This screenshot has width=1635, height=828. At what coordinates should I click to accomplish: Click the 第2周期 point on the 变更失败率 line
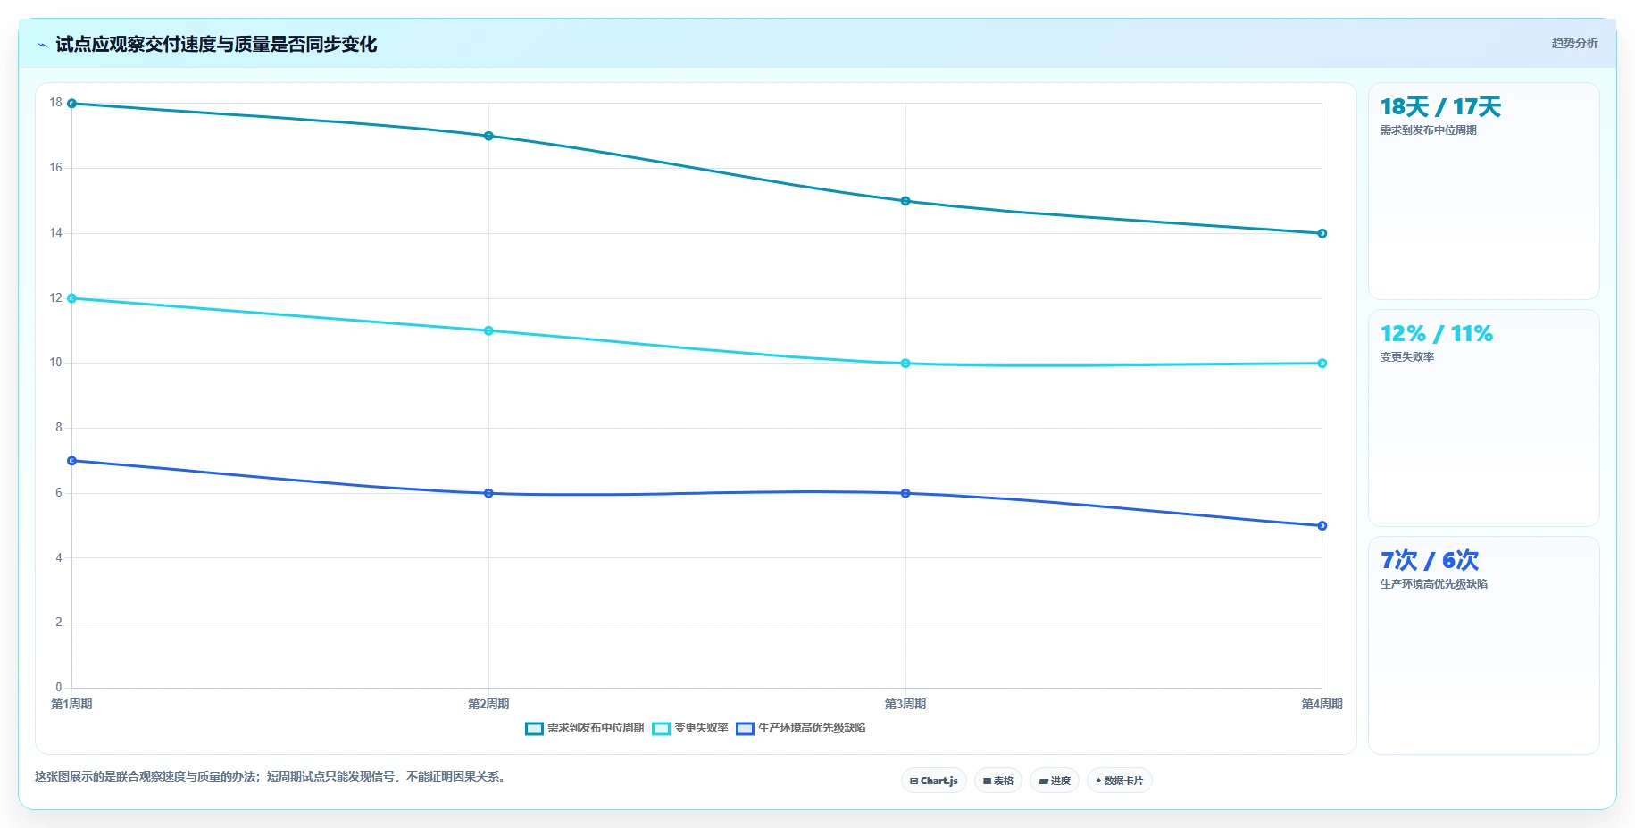[488, 330]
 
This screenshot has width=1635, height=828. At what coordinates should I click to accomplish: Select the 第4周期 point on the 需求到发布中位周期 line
[1322, 233]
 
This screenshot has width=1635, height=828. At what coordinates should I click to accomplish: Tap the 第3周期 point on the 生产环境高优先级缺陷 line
[905, 493]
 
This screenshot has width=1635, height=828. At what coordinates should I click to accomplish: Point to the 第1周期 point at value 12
[72, 298]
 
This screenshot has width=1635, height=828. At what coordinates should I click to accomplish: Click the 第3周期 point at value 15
[905, 201]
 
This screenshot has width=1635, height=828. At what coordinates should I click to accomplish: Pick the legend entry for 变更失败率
[690, 728]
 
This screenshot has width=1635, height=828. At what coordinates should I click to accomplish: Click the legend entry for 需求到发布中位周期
[585, 728]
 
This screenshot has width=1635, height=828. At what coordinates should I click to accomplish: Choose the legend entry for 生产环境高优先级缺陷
[801, 728]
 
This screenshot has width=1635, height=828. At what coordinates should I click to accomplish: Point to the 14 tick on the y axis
[56, 233]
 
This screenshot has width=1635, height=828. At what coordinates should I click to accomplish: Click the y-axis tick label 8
[59, 428]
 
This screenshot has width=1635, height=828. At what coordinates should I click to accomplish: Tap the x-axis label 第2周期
[488, 704]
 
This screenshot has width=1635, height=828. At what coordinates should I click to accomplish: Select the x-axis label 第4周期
[1322, 704]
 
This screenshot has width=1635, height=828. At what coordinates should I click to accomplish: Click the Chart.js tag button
[934, 781]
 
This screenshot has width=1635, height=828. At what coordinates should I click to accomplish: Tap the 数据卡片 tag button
[1120, 781]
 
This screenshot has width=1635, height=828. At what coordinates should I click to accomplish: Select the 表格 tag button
[998, 781]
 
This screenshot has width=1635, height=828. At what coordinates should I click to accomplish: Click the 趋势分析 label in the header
[1575, 43]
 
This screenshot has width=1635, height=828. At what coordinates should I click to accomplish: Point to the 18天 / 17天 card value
[1440, 107]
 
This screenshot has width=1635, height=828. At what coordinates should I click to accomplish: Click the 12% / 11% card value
[1437, 334]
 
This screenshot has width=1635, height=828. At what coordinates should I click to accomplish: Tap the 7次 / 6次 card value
[1430, 561]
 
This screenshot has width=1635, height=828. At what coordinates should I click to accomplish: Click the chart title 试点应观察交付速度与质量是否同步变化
[216, 44]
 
